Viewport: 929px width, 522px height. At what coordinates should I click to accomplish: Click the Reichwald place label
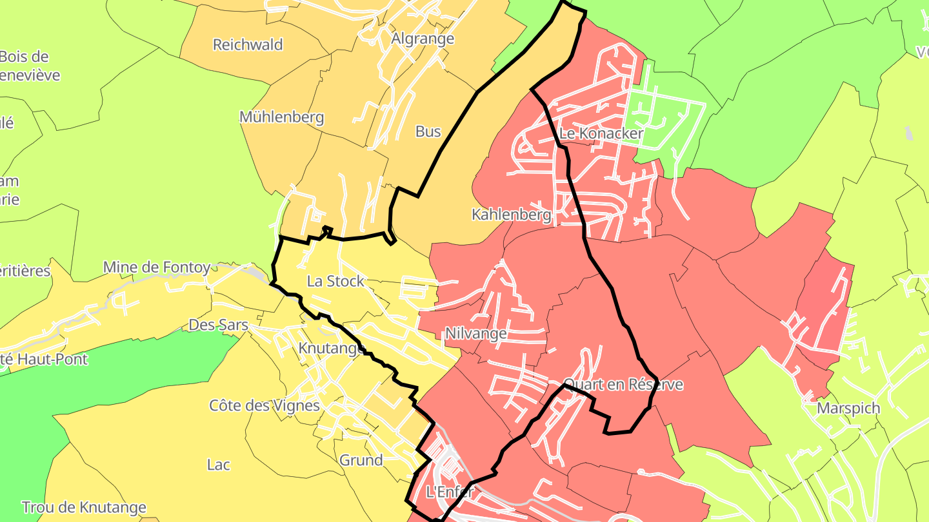(248, 44)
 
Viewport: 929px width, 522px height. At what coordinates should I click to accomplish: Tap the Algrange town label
(423, 39)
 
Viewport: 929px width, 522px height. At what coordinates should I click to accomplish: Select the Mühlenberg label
(281, 117)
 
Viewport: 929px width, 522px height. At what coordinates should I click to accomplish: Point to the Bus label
(428, 131)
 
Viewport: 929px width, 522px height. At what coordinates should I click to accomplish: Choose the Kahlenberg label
(512, 215)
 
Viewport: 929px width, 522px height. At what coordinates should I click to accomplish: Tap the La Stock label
(335, 281)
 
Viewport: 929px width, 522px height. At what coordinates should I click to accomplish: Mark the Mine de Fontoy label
(157, 267)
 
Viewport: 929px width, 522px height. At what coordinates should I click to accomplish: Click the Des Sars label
(218, 325)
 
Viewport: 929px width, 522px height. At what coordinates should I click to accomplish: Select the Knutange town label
(332, 348)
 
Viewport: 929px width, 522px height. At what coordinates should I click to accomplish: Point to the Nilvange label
(475, 333)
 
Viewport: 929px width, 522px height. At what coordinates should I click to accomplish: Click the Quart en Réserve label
(623, 385)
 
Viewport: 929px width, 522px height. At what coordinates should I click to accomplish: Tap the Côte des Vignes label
(265, 405)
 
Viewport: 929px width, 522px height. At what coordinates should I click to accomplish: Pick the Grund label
(361, 460)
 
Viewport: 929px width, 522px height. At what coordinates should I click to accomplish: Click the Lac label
(219, 464)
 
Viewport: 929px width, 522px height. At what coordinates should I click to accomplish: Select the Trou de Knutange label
(84, 508)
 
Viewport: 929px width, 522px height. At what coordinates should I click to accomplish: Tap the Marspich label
(848, 408)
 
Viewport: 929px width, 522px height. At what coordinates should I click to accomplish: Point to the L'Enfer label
(450, 492)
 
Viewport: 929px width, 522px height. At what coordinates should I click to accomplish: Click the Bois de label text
(25, 57)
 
